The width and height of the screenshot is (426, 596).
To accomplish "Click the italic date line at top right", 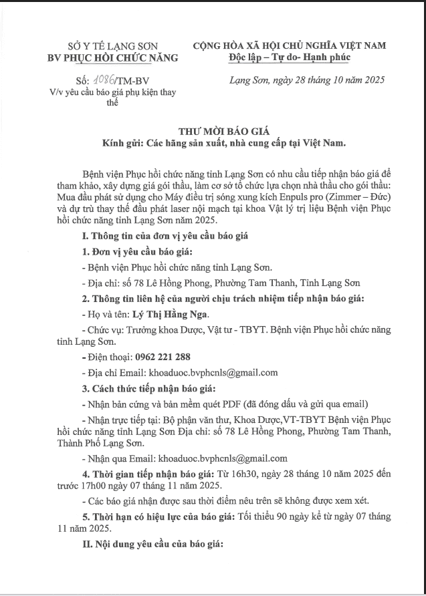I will (303, 81).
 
